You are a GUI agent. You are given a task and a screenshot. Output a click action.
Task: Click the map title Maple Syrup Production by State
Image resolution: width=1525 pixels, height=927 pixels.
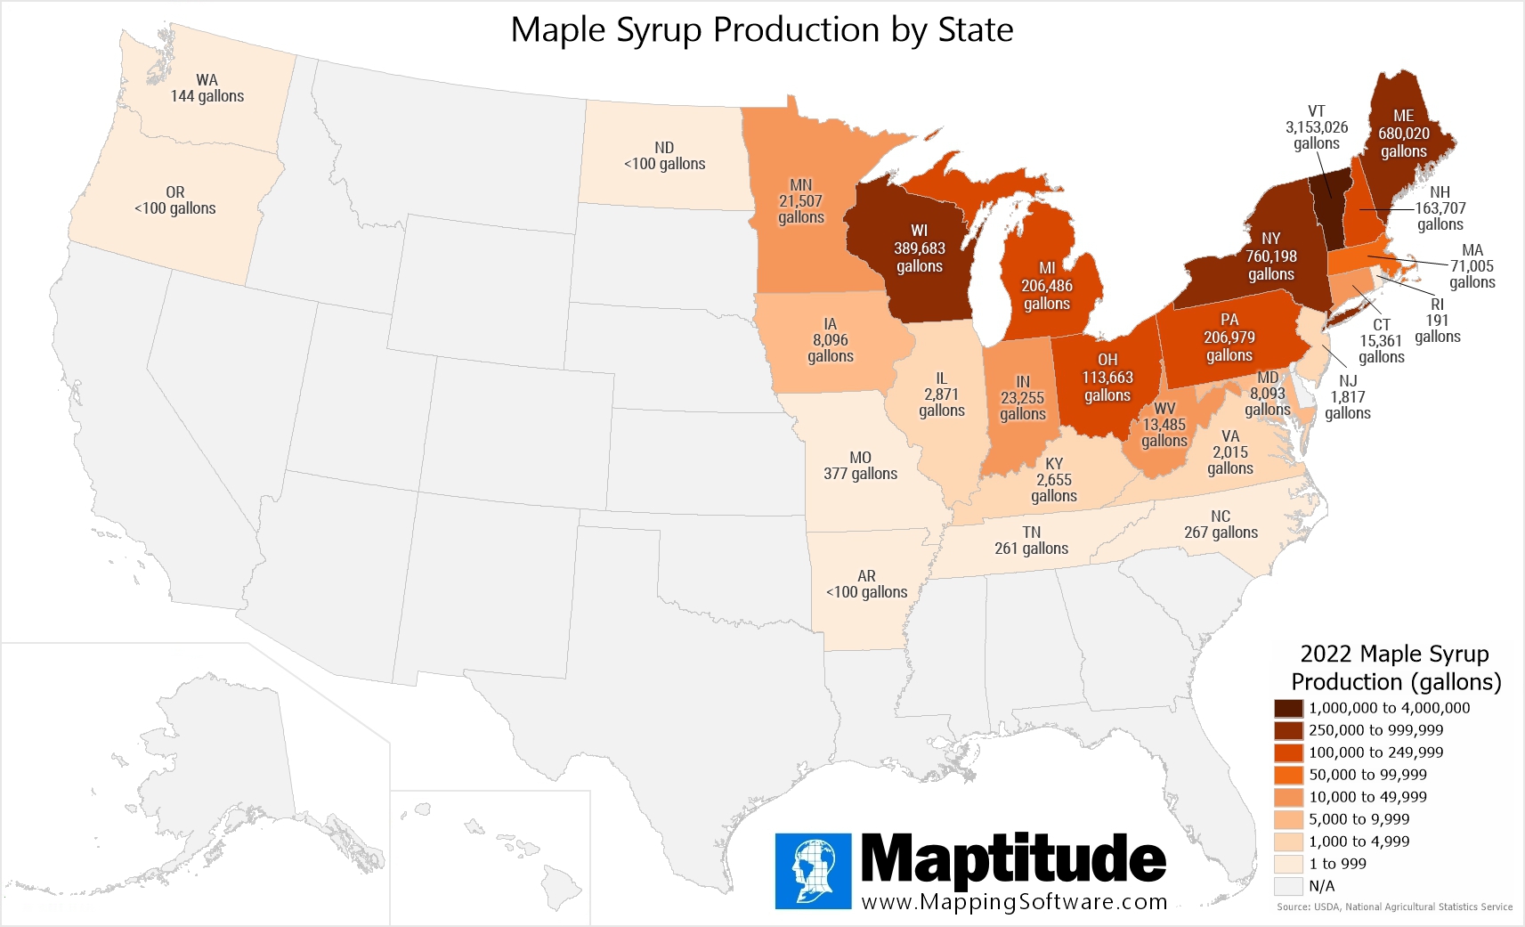click(x=761, y=30)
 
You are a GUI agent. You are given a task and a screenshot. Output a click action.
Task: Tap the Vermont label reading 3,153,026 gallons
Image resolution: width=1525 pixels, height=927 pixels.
click(x=1316, y=127)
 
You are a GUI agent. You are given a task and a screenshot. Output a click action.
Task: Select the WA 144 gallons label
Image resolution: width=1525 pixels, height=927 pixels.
click(x=207, y=88)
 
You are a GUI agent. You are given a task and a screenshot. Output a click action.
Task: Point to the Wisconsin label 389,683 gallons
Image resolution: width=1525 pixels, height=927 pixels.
click(x=919, y=248)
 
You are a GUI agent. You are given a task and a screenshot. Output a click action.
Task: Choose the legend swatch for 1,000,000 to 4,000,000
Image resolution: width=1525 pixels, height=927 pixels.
click(x=1288, y=708)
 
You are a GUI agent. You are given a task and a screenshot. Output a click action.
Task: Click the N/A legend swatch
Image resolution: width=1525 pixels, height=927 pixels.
click(x=1288, y=886)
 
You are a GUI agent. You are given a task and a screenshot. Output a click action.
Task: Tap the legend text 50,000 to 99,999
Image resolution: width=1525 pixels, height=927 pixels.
click(x=1367, y=775)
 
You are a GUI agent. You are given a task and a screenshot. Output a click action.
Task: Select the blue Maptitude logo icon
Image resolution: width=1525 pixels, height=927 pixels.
click(x=813, y=871)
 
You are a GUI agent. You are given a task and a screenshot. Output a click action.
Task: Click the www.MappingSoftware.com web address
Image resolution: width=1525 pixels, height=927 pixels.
click(x=1014, y=901)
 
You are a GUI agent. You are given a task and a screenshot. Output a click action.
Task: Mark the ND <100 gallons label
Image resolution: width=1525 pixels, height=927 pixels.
click(x=664, y=156)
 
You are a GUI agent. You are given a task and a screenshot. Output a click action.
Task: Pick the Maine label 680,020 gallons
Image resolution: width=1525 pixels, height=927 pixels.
click(x=1403, y=134)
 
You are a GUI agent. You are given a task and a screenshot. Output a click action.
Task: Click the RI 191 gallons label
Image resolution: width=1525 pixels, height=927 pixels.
click(x=1437, y=321)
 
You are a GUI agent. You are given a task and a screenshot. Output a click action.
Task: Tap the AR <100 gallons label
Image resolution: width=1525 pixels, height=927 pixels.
click(x=866, y=584)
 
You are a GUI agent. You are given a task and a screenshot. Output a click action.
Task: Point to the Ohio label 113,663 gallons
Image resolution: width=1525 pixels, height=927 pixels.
click(x=1107, y=378)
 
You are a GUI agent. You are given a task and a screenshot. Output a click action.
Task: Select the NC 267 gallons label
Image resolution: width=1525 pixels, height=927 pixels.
click(x=1221, y=524)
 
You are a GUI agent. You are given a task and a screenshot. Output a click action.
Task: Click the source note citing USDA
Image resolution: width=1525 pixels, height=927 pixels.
click(x=1394, y=907)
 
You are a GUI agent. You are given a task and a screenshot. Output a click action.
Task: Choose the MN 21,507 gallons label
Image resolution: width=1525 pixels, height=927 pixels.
click(x=800, y=201)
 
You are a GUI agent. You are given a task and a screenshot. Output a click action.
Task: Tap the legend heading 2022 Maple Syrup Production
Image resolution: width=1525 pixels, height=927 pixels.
click(x=1395, y=668)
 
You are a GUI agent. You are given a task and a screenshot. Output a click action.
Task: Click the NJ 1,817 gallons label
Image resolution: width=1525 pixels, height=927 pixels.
click(x=1347, y=397)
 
